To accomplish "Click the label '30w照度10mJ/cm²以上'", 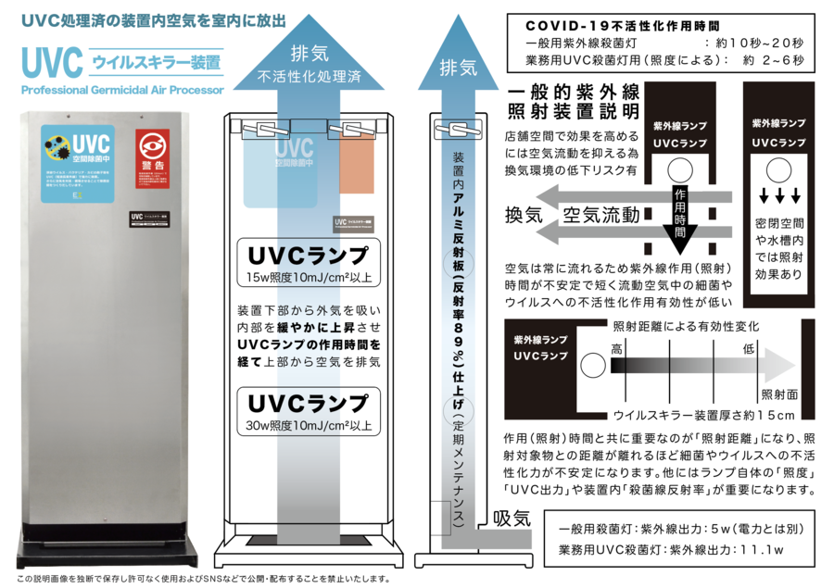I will pyautogui.click(x=309, y=427).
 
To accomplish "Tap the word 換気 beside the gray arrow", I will pyautogui.click(x=524, y=216).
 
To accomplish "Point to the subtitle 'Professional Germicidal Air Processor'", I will pyautogui.click(x=120, y=91).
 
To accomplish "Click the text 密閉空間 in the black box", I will pyautogui.click(x=778, y=224).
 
